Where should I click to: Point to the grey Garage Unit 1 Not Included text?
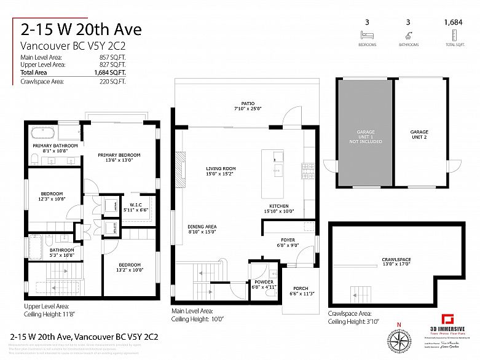[x=365, y=136]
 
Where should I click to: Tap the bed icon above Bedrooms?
[x=368, y=36]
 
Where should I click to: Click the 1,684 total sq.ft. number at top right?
[x=453, y=23]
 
